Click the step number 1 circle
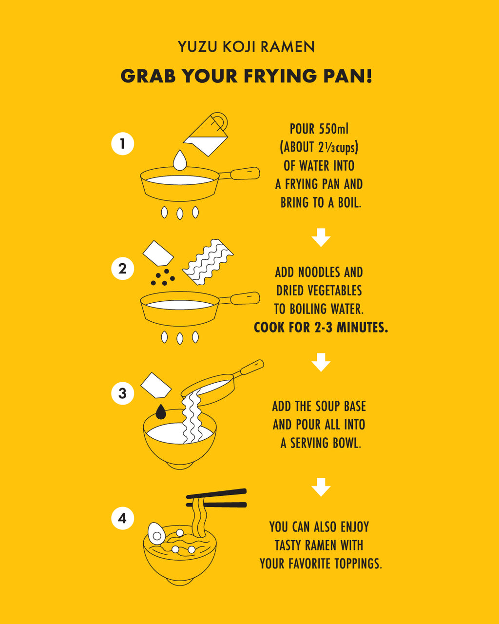click(122, 143)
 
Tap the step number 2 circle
click(122, 269)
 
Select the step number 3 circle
click(122, 393)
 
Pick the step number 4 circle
click(122, 518)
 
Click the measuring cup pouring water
click(207, 135)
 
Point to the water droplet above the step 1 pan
click(180, 160)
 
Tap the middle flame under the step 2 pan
click(180, 338)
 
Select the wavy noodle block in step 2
click(208, 262)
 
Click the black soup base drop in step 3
click(161, 412)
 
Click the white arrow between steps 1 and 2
click(321, 237)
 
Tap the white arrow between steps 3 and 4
click(321, 487)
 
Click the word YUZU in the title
click(197, 47)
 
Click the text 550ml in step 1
click(333, 129)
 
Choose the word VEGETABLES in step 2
click(334, 291)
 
